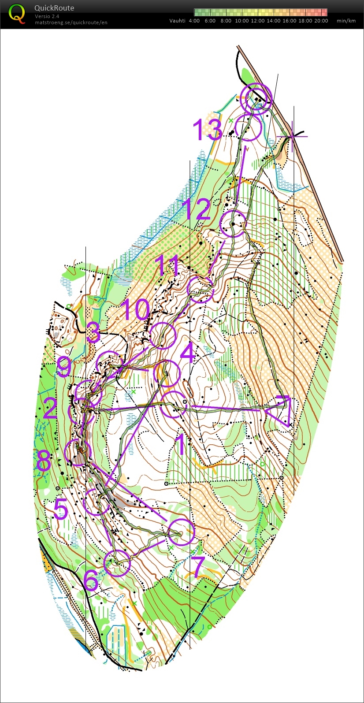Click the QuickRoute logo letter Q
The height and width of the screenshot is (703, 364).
click(17, 13)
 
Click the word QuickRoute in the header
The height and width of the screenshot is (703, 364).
click(54, 8)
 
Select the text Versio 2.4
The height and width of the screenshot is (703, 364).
click(47, 16)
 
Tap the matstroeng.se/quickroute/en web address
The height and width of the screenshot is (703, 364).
click(71, 22)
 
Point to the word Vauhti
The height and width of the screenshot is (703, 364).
click(177, 21)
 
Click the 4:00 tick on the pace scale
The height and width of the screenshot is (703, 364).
click(194, 21)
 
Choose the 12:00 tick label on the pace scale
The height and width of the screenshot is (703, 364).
click(258, 21)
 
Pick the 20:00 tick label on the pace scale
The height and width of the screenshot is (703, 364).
click(321, 21)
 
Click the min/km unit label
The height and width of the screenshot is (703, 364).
click(346, 21)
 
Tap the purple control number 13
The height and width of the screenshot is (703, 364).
click(207, 130)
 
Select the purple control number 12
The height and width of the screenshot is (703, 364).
click(197, 209)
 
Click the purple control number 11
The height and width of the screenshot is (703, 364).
click(168, 266)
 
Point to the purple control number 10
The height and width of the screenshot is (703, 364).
click(134, 310)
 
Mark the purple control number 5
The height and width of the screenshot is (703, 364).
click(60, 509)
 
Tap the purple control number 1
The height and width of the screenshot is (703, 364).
click(181, 445)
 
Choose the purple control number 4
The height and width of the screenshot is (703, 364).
click(188, 353)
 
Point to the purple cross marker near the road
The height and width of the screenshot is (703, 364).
click(292, 136)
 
